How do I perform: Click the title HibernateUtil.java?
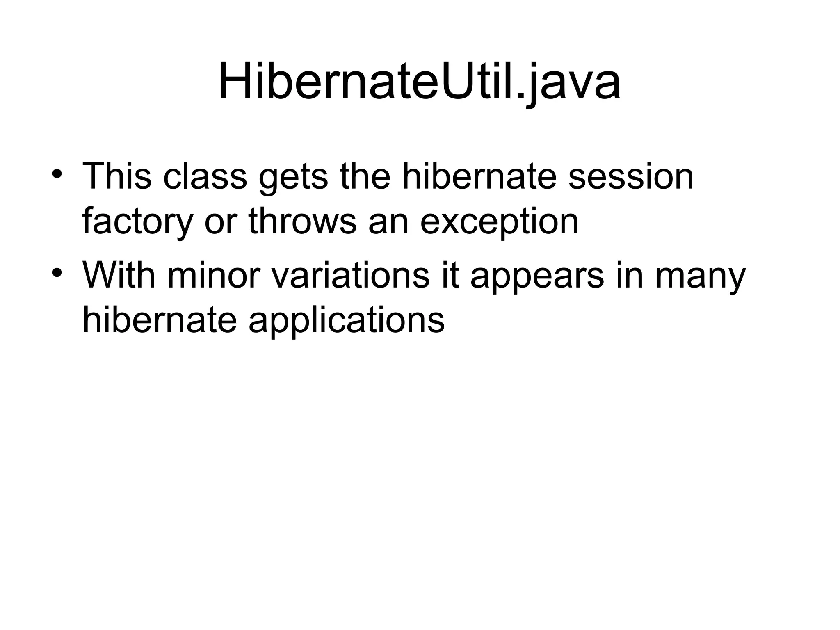[x=419, y=82]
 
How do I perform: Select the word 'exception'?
[x=499, y=223]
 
